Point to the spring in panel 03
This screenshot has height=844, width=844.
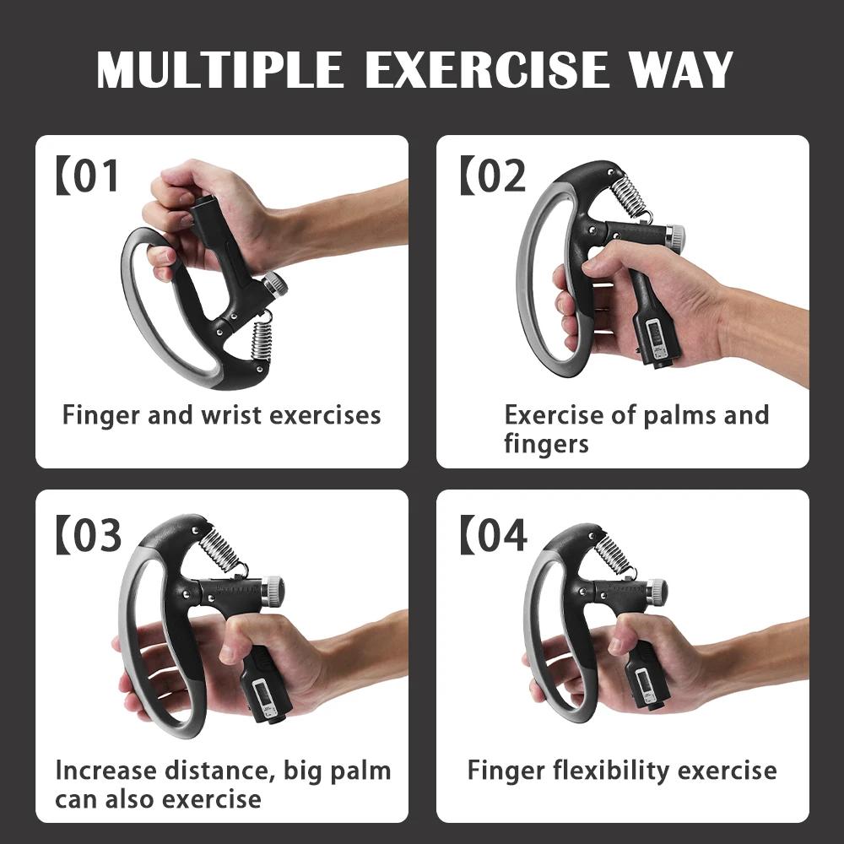220,550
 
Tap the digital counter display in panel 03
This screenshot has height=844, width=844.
257,694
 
